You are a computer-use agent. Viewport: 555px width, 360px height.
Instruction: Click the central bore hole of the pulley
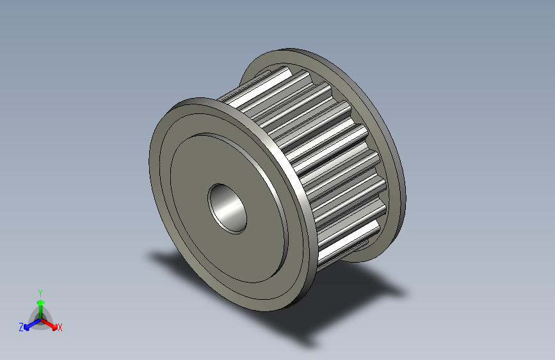pyautogui.click(x=227, y=208)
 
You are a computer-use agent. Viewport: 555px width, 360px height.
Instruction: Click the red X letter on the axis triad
pyautogui.click(x=60, y=328)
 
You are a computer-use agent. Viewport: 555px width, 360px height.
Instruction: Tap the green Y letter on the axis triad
pyautogui.click(x=40, y=291)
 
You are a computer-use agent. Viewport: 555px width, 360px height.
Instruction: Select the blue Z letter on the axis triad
pyautogui.click(x=21, y=327)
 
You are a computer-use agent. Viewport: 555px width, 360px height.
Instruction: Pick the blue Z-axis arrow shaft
pyautogui.click(x=31, y=324)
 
